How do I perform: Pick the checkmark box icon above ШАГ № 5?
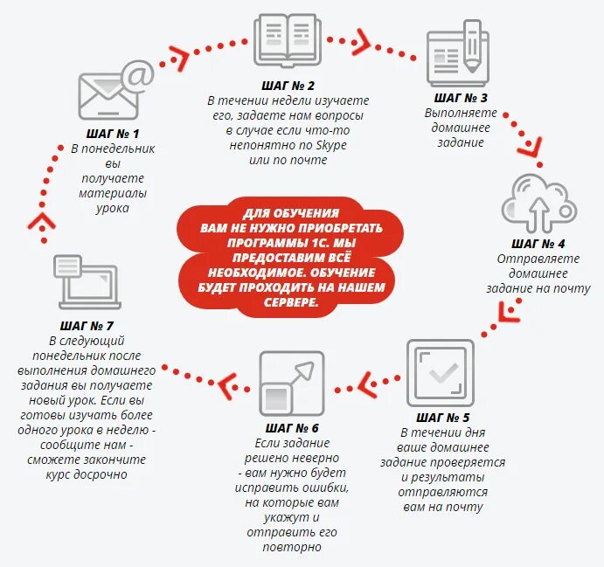pos(441,373)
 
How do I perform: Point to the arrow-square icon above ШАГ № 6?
pos(287,384)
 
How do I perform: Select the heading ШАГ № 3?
pos(461,98)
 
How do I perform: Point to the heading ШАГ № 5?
pos(442,418)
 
